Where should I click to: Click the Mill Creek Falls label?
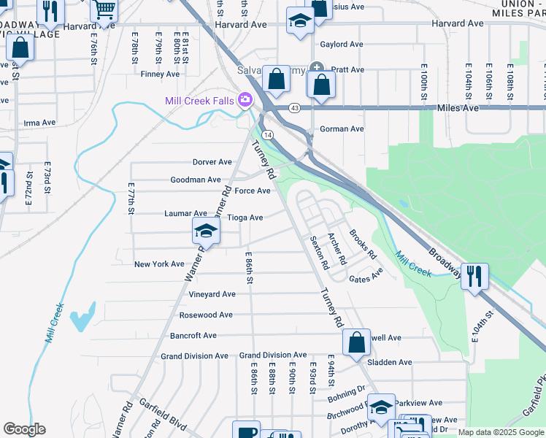coord(199,101)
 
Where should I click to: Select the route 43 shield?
coord(295,108)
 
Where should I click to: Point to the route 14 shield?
coord(268,135)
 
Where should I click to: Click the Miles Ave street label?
coord(458,108)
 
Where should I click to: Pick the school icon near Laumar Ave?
coord(207,231)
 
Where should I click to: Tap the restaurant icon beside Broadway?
coord(474,277)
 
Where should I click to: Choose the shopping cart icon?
coord(105,9)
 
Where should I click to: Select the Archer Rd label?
coord(336,248)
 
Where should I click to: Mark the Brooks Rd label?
coord(362,245)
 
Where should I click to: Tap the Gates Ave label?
coord(366,276)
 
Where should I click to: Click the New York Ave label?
coord(159,264)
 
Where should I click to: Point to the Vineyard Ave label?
coord(212,293)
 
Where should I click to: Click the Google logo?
coord(24,429)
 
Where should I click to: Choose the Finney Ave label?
coord(160,74)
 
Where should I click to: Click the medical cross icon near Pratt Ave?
coord(317,68)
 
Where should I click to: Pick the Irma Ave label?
coord(39,123)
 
